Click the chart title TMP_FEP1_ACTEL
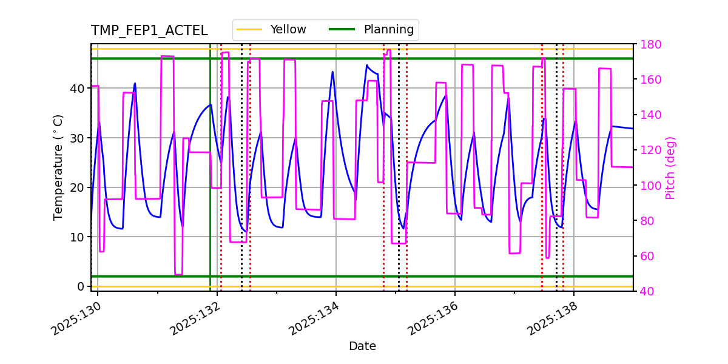pyautogui.click(x=149, y=31)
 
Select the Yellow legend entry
pyautogui.click(x=288, y=30)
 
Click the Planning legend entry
pyautogui.click(x=388, y=30)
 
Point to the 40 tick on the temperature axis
pyautogui.click(x=78, y=89)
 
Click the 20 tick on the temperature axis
pyautogui.click(x=78, y=187)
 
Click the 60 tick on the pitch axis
pyautogui.click(x=647, y=256)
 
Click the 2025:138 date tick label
pyautogui.click(x=551, y=318)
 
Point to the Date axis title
pyautogui.click(x=362, y=346)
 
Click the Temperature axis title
pyautogui.click(x=58, y=167)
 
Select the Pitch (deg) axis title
pyautogui.click(x=670, y=167)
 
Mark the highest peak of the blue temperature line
pyautogui.click(x=367, y=65)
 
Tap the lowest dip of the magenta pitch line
pyautogui.click(x=178, y=274)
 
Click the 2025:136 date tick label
pyautogui.click(x=432, y=318)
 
